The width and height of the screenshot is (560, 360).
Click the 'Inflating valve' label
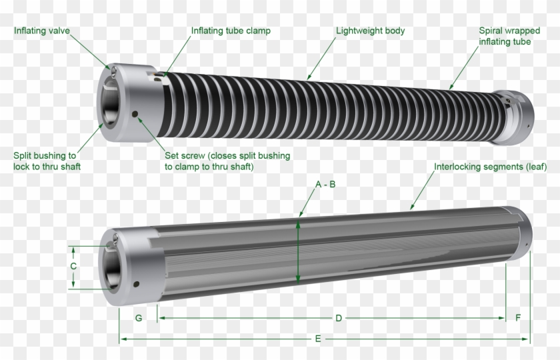[x=42, y=31]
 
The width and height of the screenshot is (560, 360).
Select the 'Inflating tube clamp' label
[x=231, y=31]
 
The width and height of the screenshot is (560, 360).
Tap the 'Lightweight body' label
[x=370, y=31]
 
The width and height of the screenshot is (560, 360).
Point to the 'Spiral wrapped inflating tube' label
[x=505, y=36]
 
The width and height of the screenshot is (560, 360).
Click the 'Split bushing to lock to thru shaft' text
[x=47, y=161]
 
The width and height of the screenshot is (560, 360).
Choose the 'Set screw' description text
[x=227, y=161]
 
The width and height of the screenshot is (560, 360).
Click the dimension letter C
[x=73, y=266]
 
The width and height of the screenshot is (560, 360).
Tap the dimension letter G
[x=139, y=318]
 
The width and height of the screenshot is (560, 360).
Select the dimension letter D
[x=339, y=318]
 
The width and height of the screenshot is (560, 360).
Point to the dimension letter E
[x=318, y=339]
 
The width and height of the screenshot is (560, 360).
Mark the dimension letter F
[x=518, y=318]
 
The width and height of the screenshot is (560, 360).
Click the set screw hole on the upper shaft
[x=135, y=115]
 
